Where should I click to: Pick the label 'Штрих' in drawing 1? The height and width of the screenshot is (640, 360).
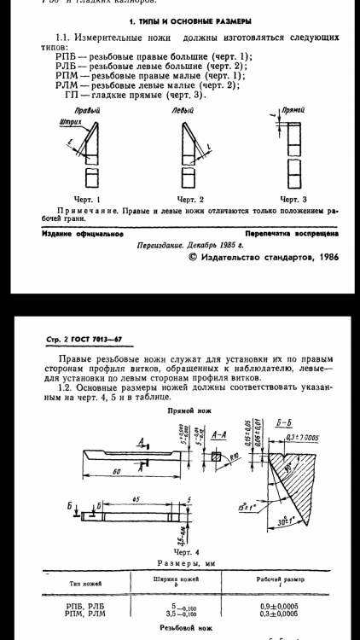coord(70,123)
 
